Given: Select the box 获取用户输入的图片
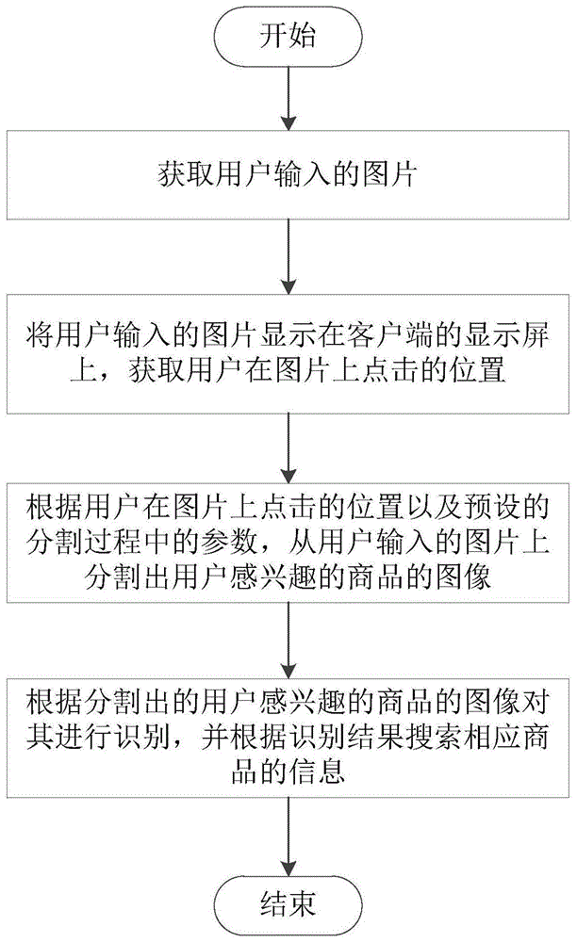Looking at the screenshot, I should pyautogui.click(x=288, y=175).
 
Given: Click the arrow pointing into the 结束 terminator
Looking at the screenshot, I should pyautogui.click(x=288, y=838).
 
